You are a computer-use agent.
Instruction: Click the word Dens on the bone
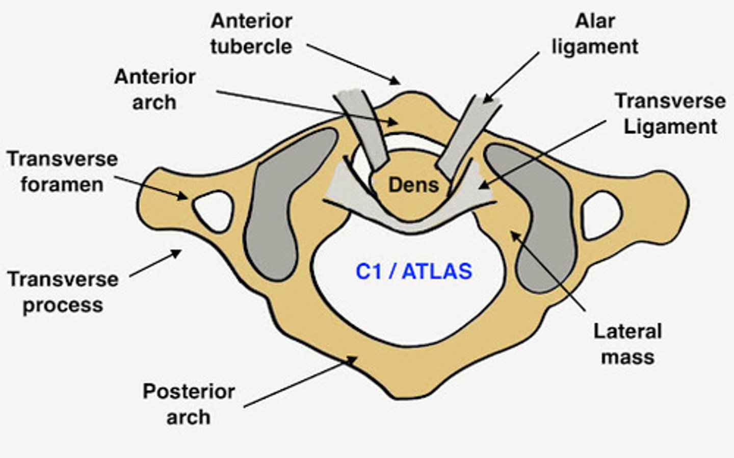click(413, 185)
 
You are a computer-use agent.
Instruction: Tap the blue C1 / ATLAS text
click(413, 271)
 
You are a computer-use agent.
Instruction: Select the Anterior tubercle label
click(251, 34)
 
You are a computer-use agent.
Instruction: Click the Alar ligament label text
click(595, 34)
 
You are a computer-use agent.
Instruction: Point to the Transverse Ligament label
click(670, 113)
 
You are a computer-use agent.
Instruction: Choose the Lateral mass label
click(627, 344)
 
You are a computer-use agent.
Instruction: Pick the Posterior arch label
click(189, 404)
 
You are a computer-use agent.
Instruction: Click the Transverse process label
click(63, 292)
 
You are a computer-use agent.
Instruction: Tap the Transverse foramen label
click(62, 171)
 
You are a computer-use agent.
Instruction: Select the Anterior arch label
click(154, 89)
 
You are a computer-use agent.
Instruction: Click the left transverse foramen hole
click(214, 209)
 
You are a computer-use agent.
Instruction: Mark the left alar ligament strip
click(365, 128)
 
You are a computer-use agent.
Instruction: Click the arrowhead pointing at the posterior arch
click(352, 361)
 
